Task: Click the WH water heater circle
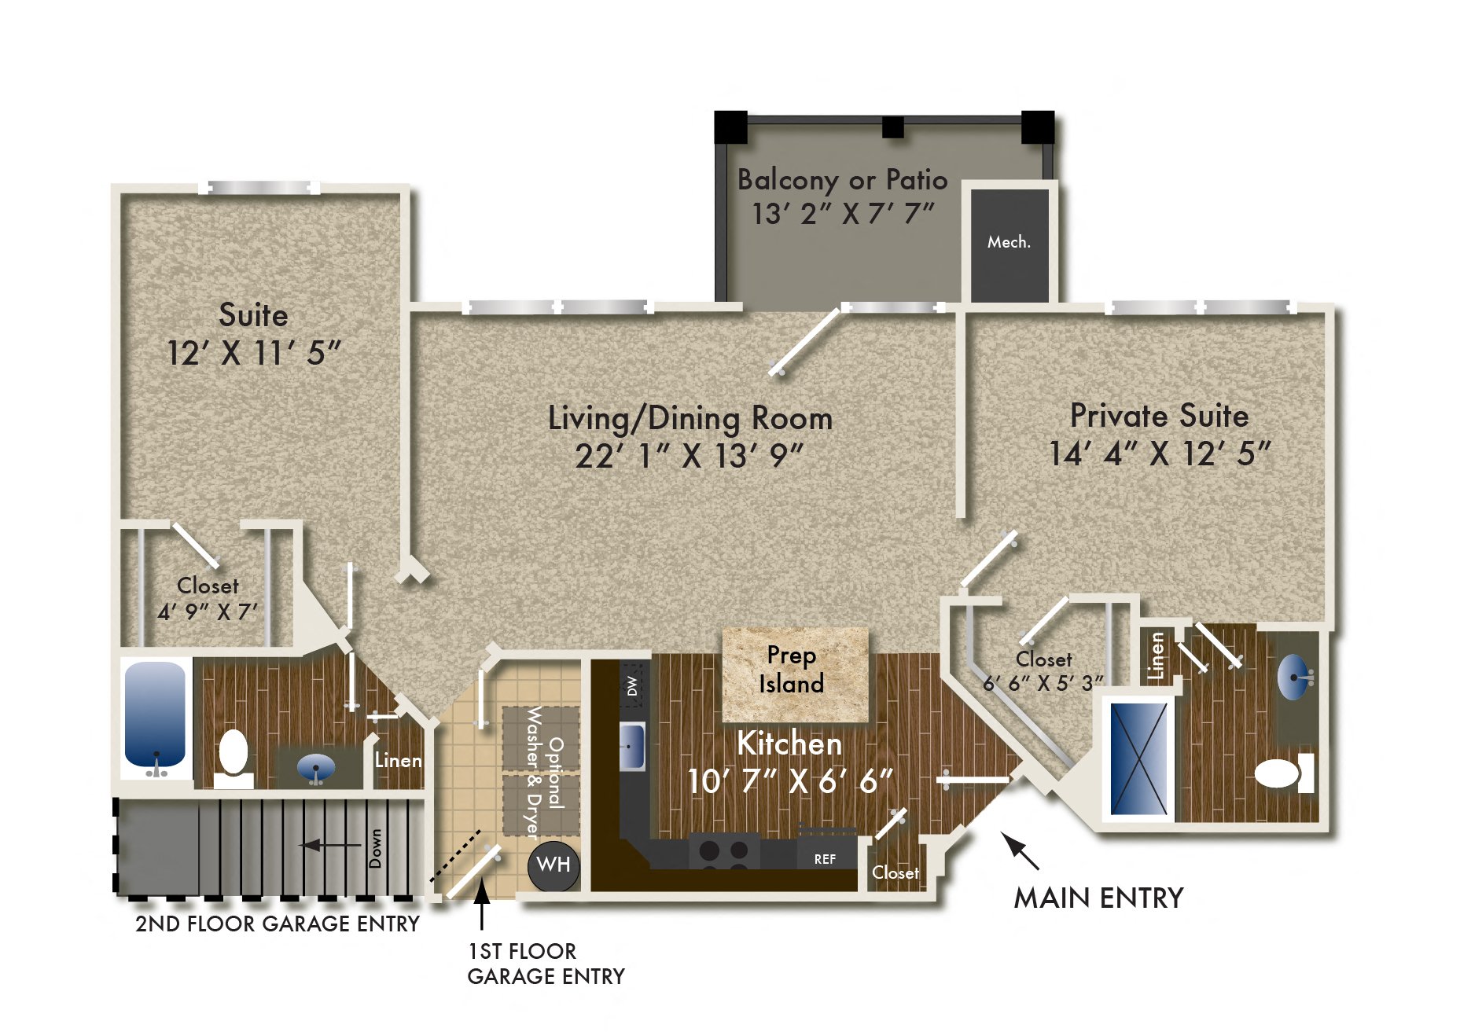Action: (553, 865)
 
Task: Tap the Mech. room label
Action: (1009, 242)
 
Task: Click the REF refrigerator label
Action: (825, 859)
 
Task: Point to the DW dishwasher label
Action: (632, 685)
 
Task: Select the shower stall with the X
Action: (1138, 758)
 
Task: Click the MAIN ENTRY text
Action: (1098, 898)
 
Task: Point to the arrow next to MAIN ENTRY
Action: (1020, 851)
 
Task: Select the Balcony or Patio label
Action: (842, 180)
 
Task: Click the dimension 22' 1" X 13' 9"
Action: (690, 456)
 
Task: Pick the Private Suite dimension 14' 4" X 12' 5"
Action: (1160, 454)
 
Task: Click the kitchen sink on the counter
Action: (631, 744)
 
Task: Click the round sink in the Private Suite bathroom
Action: (1293, 676)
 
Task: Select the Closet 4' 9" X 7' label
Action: (208, 599)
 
